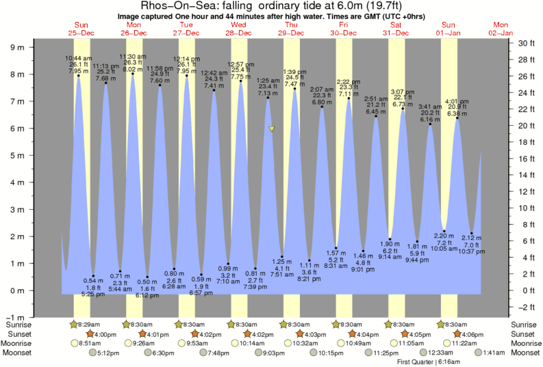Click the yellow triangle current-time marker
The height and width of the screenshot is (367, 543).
[x=272, y=128]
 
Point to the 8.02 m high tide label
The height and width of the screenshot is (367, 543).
[x=132, y=68]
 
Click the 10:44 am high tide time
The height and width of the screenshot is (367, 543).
[x=79, y=58]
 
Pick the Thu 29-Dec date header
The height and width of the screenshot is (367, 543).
[x=291, y=28]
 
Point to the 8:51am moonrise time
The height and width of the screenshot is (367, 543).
[x=88, y=343]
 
